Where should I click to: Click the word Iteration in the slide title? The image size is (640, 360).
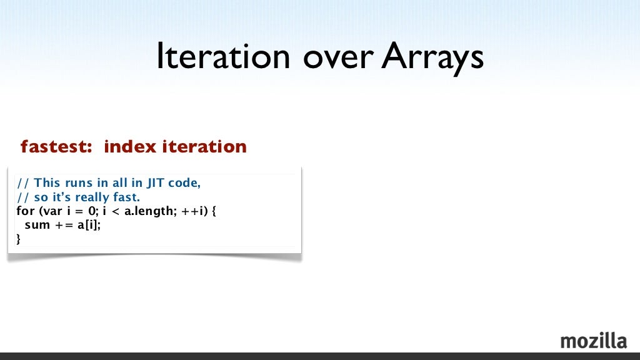tap(222, 58)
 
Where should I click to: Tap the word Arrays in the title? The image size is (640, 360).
tap(432, 58)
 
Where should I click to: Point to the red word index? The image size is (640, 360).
tap(129, 147)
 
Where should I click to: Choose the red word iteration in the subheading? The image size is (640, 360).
tap(204, 147)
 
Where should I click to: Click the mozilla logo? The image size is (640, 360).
tap(593, 341)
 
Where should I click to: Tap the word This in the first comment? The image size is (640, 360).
tap(47, 183)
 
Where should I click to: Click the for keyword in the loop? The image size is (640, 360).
tap(26, 211)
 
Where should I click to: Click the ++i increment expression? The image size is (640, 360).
tap(192, 211)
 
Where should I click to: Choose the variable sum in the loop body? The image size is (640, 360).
tap(37, 225)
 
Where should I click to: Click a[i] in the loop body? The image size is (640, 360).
tap(89, 225)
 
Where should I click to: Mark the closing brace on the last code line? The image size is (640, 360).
tap(19, 239)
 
